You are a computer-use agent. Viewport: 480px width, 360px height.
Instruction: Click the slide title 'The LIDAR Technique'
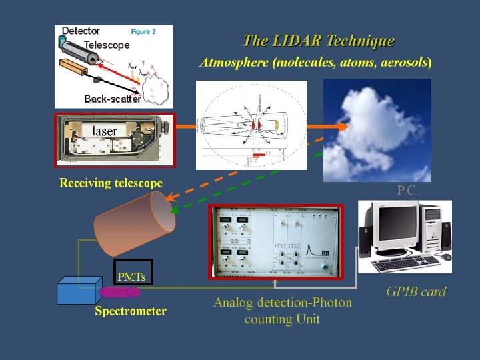pyautogui.click(x=319, y=41)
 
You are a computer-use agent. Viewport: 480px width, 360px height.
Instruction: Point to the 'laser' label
pyautogui.click(x=104, y=131)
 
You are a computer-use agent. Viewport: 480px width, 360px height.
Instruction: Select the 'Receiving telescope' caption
pyautogui.click(x=111, y=183)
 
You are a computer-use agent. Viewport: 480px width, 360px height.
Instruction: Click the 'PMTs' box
pyautogui.click(x=132, y=275)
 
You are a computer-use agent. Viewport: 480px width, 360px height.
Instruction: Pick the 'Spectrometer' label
pyautogui.click(x=131, y=311)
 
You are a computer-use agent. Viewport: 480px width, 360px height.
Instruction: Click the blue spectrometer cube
pyautogui.click(x=78, y=291)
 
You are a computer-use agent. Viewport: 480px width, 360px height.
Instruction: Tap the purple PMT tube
pyautogui.click(x=120, y=292)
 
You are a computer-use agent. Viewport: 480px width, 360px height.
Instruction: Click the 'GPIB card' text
pyautogui.click(x=416, y=291)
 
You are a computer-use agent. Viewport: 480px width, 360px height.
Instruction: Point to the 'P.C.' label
pyautogui.click(x=407, y=191)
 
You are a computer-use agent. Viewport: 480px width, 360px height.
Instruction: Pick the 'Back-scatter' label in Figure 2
pyautogui.click(x=113, y=99)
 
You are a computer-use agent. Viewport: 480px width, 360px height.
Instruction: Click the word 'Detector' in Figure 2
pyautogui.click(x=81, y=31)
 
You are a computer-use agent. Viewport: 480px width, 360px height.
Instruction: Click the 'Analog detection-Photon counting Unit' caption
pyautogui.click(x=282, y=311)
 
